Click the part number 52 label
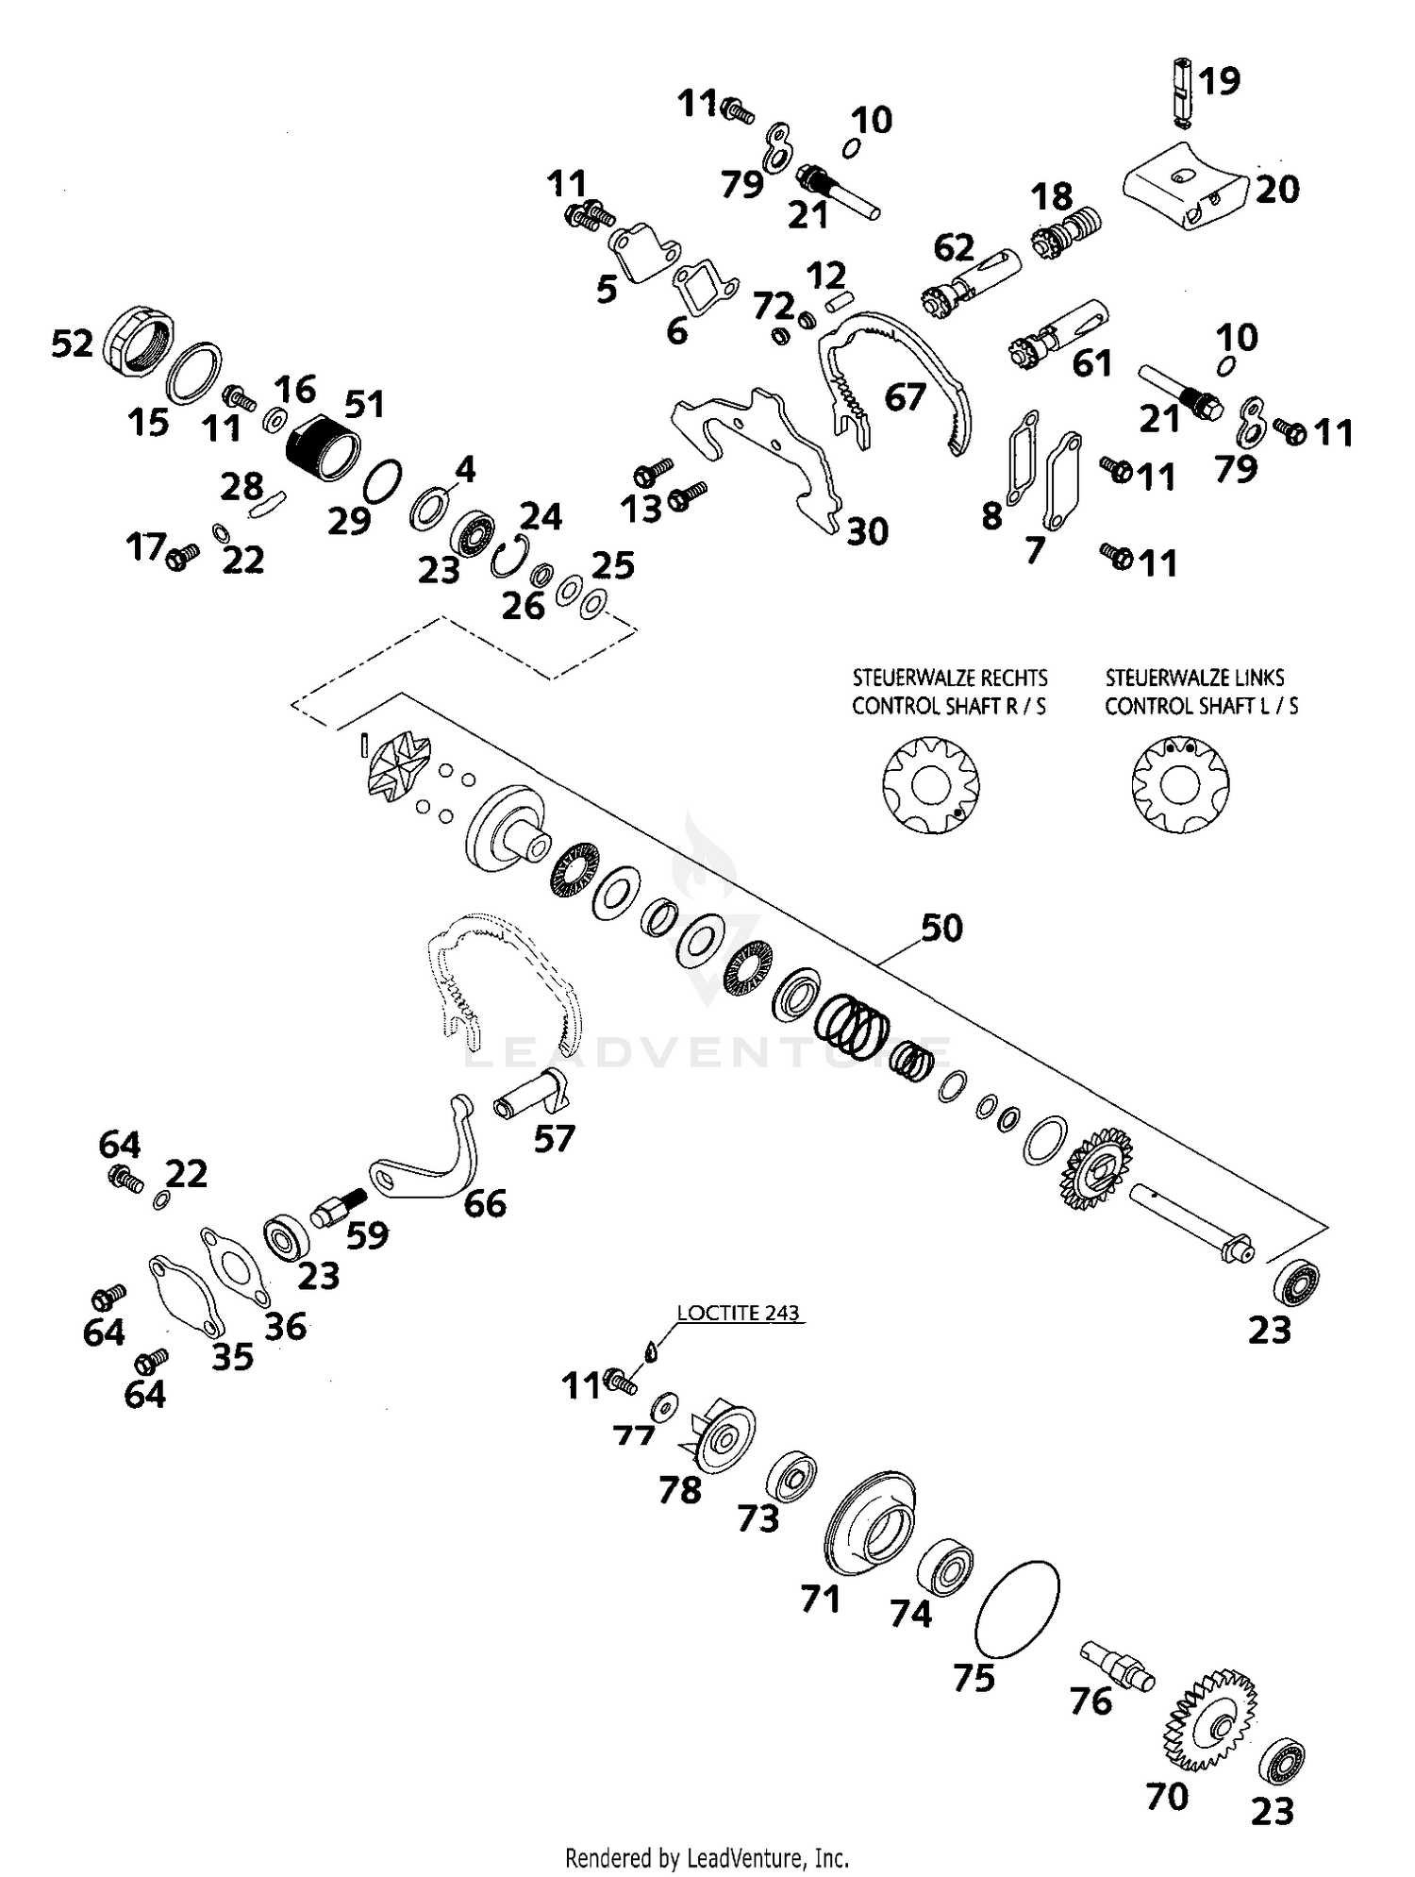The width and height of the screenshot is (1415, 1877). coord(72,344)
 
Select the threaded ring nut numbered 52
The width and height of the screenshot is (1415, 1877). coord(139,344)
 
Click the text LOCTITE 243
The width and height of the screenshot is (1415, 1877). coord(738,1314)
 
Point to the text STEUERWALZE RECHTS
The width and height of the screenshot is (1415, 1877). coord(949,679)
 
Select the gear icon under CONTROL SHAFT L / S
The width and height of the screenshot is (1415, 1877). coord(1180,784)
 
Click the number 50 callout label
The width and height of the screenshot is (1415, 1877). coord(941,929)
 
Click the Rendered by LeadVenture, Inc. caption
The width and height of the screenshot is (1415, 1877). coord(707,1858)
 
